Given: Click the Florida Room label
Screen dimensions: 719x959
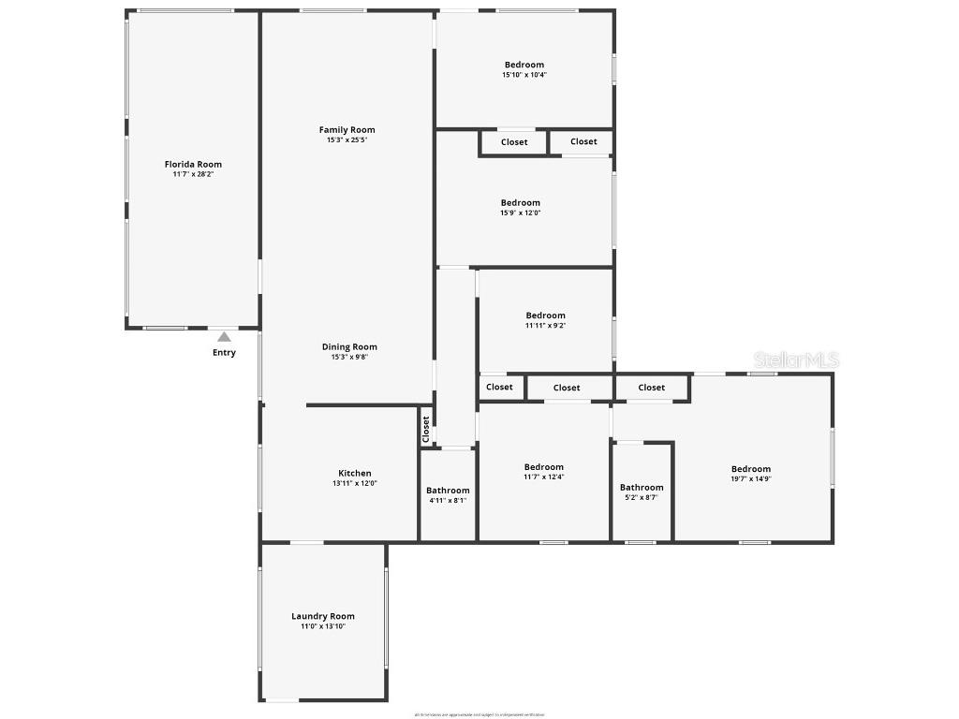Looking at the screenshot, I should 193,164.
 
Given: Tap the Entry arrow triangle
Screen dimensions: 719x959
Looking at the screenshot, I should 224,337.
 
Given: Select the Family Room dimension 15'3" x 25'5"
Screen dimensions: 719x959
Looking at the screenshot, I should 347,140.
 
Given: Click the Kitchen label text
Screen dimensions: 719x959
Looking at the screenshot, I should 354,473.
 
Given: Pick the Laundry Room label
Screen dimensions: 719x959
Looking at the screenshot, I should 322,616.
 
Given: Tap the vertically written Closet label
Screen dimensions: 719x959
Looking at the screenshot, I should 426,429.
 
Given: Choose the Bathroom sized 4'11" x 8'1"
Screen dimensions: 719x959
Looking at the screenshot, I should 448,491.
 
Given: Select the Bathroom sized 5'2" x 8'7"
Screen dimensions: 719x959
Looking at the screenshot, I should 642,487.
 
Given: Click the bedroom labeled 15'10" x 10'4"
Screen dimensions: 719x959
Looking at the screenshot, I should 524,66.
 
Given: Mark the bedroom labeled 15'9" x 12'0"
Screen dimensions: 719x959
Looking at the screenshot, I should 520,203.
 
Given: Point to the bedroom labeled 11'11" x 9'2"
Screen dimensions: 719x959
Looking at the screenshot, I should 545,316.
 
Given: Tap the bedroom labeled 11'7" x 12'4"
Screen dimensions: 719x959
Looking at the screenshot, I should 543,467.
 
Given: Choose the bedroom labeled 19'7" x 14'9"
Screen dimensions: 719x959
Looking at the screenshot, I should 750,469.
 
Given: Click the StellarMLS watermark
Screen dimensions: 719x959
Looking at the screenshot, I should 798,359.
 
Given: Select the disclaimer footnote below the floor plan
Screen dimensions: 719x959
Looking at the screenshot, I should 479,715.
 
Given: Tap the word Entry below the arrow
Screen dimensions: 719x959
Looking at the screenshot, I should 224,353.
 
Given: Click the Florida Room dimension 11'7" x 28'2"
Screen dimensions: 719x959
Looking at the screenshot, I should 193,174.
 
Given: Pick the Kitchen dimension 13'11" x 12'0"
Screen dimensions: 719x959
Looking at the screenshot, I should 354,483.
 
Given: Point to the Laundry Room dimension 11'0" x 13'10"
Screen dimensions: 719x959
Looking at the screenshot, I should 322,626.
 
